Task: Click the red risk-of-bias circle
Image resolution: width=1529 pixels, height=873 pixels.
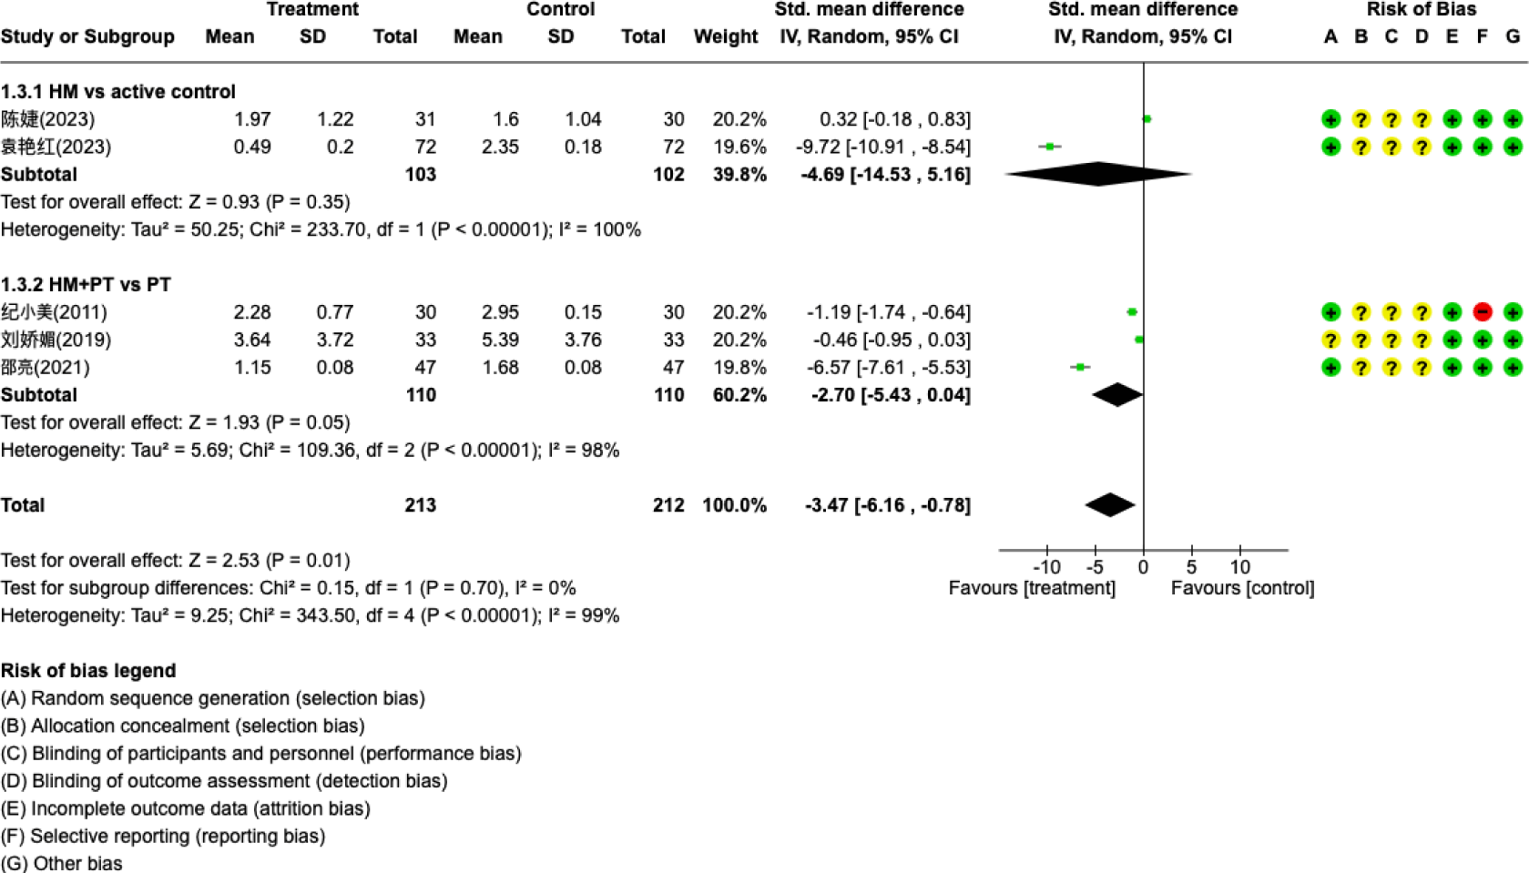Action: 1482,312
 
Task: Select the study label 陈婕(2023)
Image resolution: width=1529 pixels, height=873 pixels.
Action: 47,119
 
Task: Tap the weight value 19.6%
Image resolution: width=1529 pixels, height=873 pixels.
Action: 739,147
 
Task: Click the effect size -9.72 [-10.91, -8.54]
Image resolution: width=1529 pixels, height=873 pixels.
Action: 882,147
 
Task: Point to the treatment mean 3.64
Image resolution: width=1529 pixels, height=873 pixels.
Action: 251,340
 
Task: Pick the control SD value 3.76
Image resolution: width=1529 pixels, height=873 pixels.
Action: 582,340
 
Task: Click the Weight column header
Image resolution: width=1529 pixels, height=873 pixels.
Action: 725,36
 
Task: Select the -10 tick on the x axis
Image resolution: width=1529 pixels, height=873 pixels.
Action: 1046,567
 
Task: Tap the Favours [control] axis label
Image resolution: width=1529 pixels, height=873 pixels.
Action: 1242,588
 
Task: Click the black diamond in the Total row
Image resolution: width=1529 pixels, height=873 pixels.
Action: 1110,505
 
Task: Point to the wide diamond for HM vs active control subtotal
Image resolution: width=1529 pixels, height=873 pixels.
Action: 1098,174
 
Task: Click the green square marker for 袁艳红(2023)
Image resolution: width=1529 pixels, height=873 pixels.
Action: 1050,147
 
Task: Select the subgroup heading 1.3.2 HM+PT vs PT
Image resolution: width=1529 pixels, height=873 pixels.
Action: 86,285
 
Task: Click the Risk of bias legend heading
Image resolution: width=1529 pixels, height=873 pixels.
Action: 88,671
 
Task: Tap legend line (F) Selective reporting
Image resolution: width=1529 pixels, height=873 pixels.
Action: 163,836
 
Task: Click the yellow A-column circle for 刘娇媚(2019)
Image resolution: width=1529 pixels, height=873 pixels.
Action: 1330,340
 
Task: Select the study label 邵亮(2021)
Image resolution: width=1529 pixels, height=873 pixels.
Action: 46,368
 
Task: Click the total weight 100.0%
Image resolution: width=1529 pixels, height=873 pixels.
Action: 734,505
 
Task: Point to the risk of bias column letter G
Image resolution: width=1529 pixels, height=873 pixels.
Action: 1513,36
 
